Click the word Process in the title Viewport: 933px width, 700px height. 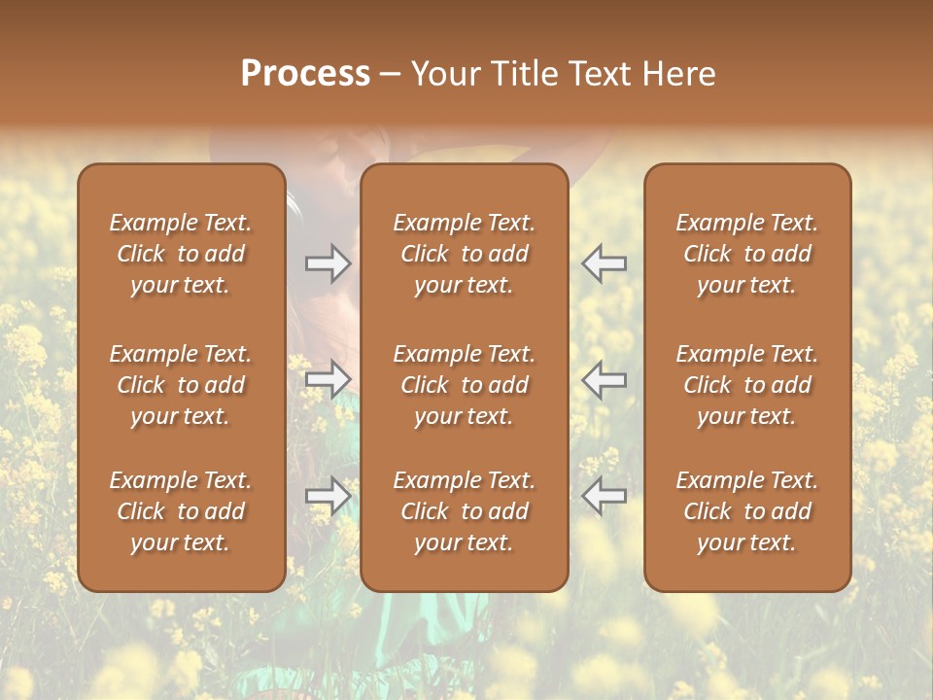point(305,74)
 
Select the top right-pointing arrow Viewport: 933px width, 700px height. point(328,263)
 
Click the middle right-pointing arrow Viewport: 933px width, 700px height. point(328,378)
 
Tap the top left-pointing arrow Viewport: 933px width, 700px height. point(604,263)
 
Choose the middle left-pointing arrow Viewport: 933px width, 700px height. point(604,378)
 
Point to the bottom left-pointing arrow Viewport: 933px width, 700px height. point(604,495)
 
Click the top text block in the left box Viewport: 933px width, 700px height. point(181,254)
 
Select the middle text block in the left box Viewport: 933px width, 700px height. point(181,385)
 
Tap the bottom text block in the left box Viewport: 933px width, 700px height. point(181,511)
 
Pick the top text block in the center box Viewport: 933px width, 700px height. point(464,254)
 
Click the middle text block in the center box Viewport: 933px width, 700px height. point(464,385)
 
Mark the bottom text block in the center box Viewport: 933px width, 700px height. point(464,511)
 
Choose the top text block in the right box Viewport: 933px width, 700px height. point(746,254)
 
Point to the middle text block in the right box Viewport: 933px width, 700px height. point(746,385)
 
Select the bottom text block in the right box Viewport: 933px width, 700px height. point(746,511)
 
